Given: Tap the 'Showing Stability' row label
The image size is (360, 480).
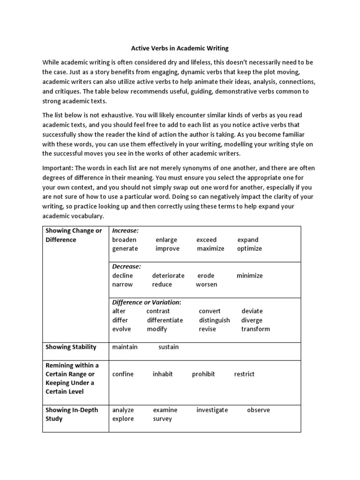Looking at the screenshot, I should (71, 347).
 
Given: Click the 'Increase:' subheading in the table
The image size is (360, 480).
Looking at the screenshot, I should (125, 231).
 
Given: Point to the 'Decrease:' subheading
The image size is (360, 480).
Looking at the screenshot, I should (127, 266).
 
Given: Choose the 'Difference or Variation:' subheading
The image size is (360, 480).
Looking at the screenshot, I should (147, 302).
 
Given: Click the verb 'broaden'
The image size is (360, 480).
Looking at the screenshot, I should (124, 240).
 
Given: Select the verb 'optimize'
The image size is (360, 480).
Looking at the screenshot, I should (249, 248).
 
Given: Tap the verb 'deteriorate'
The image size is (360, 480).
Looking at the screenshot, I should (168, 276).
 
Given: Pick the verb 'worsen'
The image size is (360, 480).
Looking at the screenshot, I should (206, 285).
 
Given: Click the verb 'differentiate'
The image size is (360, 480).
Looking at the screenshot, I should (165, 320).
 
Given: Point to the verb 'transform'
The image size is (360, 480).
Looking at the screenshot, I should (255, 329).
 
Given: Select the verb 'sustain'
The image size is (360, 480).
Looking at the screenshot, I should (168, 347).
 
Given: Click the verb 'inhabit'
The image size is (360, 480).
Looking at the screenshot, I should (163, 374).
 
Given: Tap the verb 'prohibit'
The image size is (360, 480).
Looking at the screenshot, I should (203, 374).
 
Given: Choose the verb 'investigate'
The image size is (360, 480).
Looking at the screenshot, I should (212, 410).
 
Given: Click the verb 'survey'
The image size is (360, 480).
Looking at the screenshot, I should (162, 419).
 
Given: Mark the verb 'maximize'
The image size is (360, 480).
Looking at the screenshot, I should (210, 248).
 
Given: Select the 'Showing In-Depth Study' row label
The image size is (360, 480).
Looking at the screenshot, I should (72, 414).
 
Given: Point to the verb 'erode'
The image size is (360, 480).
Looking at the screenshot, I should (206, 276).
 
